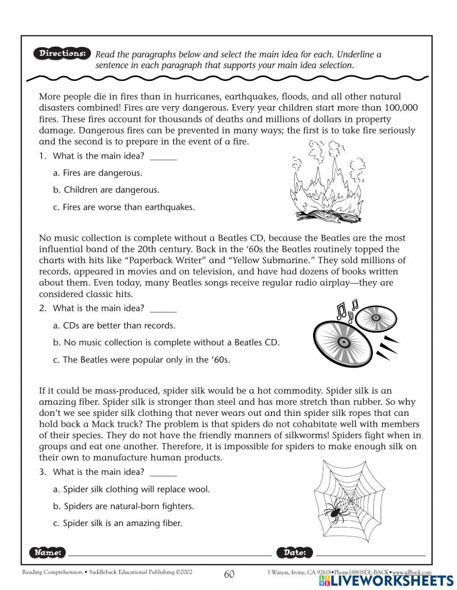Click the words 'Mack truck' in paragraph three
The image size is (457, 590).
click(114, 424)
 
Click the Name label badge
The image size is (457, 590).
click(48, 553)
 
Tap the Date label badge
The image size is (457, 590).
click(295, 553)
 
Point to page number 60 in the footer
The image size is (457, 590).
click(229, 574)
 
